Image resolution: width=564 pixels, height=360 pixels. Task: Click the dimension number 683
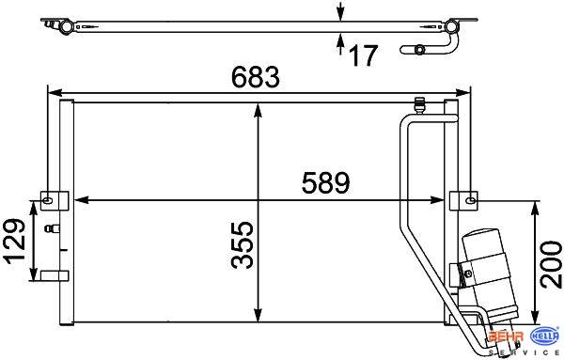pos(255,77)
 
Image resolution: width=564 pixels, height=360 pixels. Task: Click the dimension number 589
pos(325,182)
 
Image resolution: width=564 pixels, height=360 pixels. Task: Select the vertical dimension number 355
pos(243,245)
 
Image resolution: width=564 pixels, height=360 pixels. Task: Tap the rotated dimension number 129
pos(15,241)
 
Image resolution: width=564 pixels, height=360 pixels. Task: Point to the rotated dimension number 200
pos(552,264)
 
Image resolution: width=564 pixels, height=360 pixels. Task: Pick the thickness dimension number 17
pos(363,55)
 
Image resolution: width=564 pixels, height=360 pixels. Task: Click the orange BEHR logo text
pos(507,337)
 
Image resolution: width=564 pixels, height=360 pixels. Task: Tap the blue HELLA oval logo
pos(545,337)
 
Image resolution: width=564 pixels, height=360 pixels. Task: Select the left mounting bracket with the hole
pos(55,201)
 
